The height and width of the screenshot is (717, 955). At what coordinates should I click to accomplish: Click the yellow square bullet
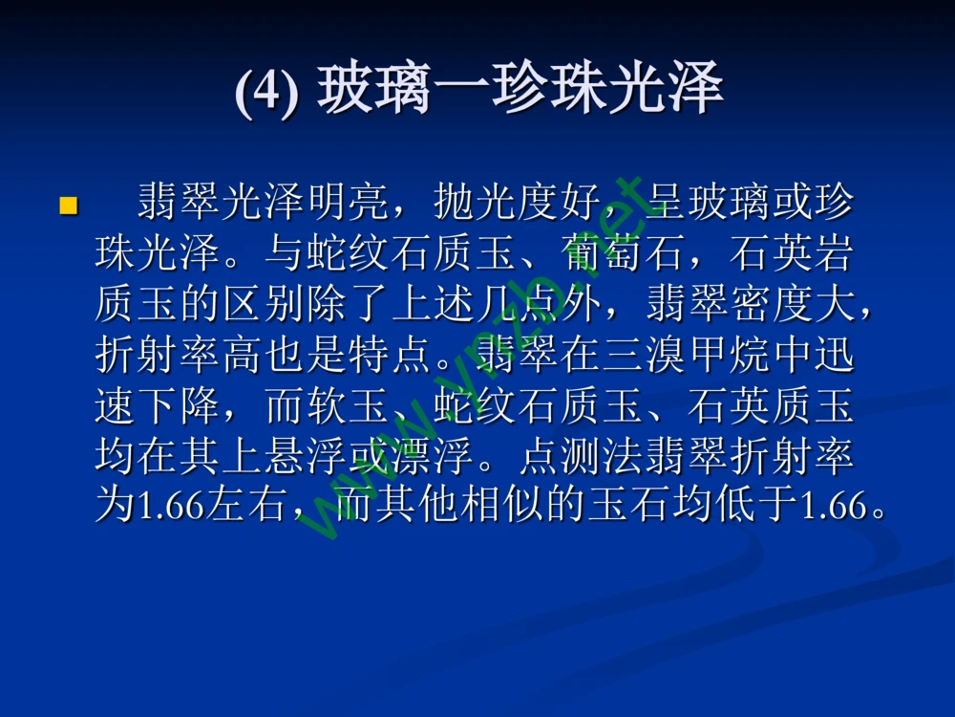(x=68, y=205)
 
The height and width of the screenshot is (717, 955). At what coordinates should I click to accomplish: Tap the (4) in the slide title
(x=266, y=93)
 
